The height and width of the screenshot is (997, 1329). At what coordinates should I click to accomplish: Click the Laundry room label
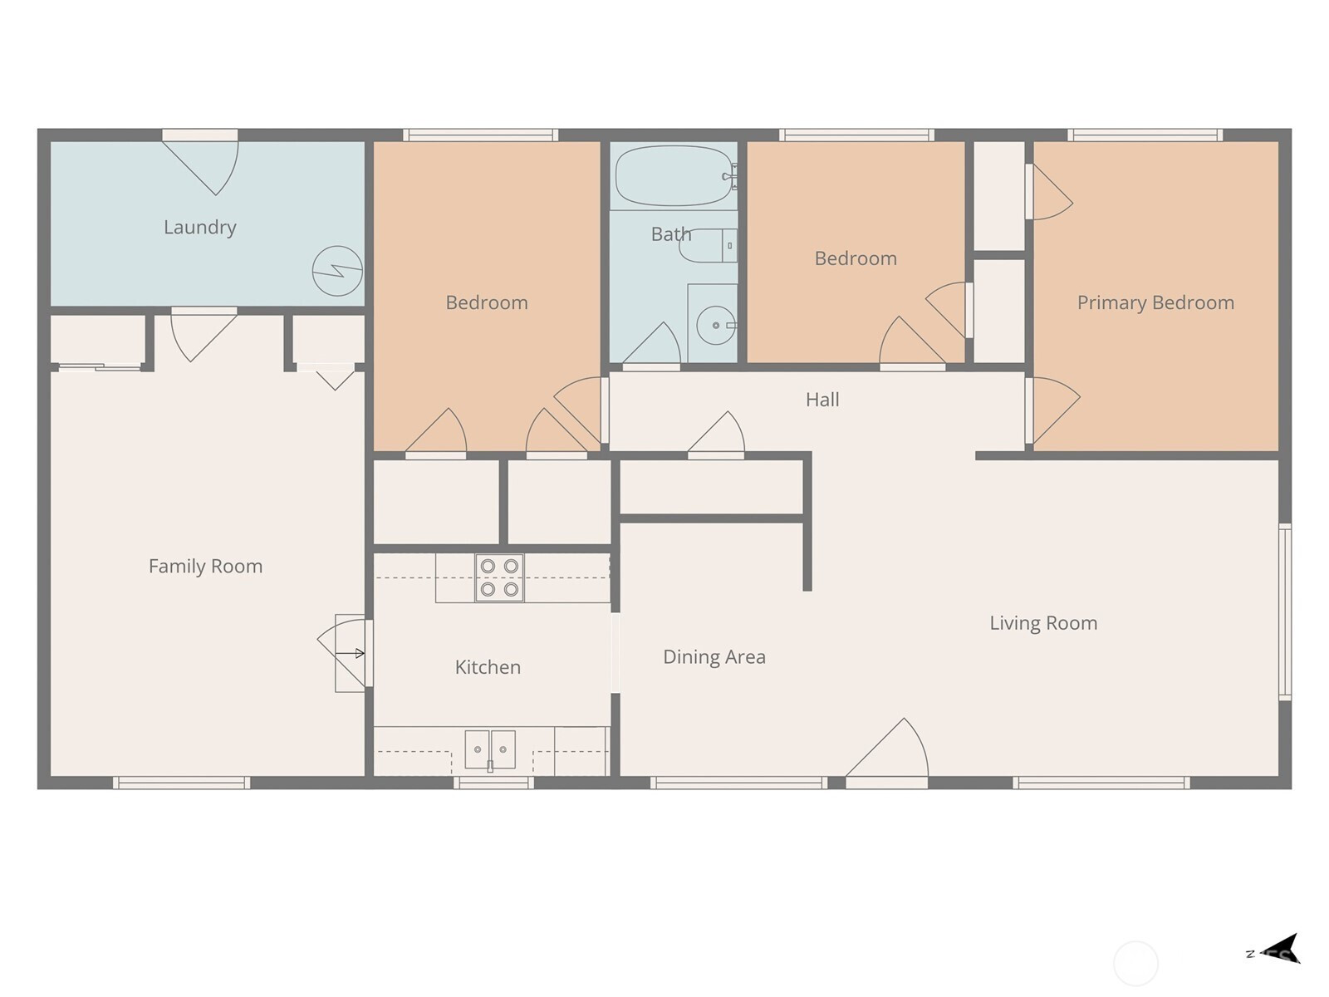coord(200,228)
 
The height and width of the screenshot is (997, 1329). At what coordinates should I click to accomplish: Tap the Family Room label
coord(205,567)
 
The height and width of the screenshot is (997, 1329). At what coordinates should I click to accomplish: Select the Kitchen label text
coord(488,667)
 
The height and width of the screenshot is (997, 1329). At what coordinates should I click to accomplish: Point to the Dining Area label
coord(714,657)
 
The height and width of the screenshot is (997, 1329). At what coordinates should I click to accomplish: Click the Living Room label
coord(1043,623)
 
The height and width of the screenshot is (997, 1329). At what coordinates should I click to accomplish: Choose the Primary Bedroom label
coord(1155,302)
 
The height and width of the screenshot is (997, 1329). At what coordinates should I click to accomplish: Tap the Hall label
coord(822,400)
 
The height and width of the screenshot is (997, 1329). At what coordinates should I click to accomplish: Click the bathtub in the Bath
coord(676,176)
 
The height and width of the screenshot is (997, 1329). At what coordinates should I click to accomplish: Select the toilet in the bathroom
coord(709,246)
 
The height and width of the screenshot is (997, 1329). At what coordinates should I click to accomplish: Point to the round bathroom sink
coord(716,325)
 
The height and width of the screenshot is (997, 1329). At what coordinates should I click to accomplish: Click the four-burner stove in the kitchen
coord(499,578)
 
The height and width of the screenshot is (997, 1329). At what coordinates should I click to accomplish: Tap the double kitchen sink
coord(490,749)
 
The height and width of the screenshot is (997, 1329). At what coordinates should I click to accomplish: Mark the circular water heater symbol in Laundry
coord(337,271)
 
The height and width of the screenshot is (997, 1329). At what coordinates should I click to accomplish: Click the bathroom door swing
coord(652,344)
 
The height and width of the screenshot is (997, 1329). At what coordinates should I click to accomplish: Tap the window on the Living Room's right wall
coord(1285,612)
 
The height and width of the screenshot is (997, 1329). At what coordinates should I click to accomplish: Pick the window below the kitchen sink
coord(493,783)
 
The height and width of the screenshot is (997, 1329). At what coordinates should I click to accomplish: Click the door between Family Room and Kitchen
coord(345,653)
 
